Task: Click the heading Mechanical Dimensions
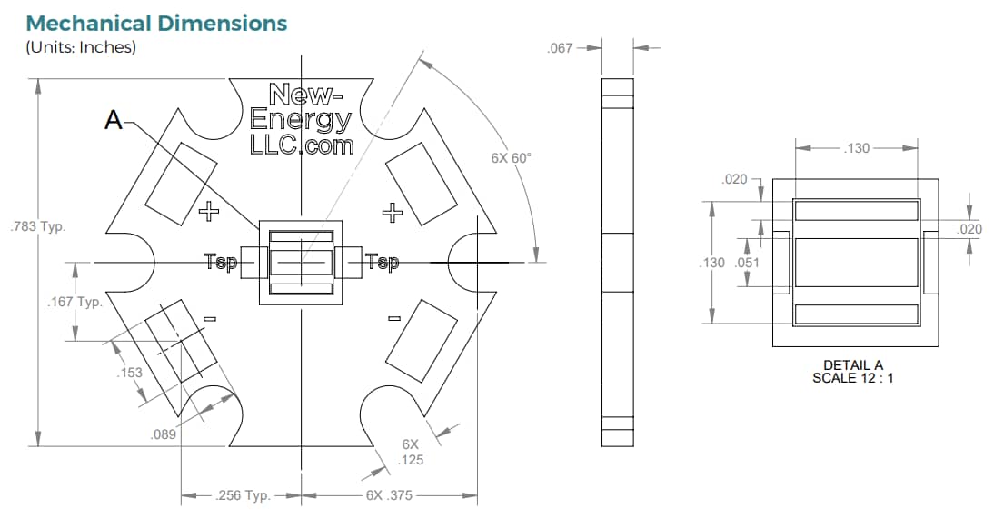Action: point(156,23)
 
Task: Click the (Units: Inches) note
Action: point(81,47)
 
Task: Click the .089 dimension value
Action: point(163,434)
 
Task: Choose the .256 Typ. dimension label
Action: point(243,496)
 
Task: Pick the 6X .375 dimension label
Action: point(389,496)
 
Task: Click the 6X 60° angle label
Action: point(510,157)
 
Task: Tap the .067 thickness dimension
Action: point(561,47)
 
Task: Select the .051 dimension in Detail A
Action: point(746,263)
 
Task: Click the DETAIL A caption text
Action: point(852,365)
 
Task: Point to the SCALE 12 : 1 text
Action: point(852,377)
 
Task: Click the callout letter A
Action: point(114,119)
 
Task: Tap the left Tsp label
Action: point(221,263)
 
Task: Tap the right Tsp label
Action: point(382,263)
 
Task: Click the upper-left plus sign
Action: point(209,213)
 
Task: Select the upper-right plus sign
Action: point(393,214)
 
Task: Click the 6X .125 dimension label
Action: point(411,452)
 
